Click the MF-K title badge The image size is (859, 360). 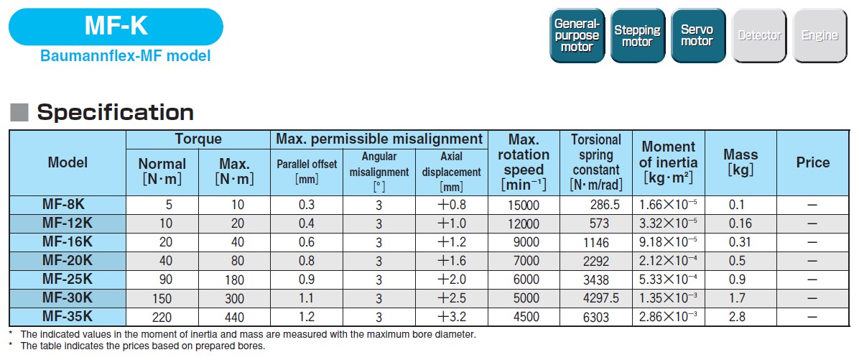pos(116,27)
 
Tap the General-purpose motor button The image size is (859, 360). pos(577,36)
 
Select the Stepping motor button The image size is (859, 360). pos(637,36)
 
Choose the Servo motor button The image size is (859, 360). pos(697,36)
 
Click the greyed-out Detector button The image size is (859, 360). pos(758,36)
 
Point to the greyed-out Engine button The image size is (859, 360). pos(819,36)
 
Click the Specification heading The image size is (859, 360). pos(115,112)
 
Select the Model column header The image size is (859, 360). pos(68,162)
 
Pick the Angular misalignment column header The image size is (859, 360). pos(379,172)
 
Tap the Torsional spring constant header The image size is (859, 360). pos(596,162)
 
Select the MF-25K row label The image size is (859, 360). pos(68,279)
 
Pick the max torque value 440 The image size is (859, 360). pos(234,317)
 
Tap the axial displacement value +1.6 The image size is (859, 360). pos(452,262)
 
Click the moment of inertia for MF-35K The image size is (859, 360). pos(669,316)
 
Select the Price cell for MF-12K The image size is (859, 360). pos(812,223)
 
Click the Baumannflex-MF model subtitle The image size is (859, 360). pos(126,56)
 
